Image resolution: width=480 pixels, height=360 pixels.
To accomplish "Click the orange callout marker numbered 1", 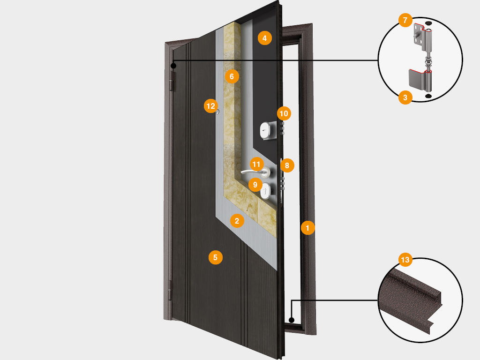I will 307,228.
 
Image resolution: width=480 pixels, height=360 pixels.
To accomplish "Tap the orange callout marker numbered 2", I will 237,220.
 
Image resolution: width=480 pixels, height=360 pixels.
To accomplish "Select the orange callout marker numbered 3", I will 405,97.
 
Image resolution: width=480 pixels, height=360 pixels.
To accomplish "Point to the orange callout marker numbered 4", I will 264,38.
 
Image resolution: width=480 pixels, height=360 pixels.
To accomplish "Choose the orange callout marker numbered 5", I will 215,257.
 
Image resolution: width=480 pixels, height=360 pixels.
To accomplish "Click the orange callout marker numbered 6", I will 231,75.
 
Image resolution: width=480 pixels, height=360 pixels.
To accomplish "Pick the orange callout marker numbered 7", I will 405,21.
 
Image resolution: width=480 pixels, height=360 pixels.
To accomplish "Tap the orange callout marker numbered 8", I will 287,165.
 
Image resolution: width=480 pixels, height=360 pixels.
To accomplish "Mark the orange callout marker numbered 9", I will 255,184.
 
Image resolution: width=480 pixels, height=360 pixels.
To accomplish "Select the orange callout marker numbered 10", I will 284,113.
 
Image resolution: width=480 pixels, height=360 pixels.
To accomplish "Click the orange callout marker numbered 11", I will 255,164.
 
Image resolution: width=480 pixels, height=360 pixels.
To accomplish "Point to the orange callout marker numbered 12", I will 210,106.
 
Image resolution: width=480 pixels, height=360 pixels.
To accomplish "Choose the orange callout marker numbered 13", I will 405,259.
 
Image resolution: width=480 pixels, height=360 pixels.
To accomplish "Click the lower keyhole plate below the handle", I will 266,191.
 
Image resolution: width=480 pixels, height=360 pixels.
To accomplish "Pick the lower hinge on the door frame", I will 170,290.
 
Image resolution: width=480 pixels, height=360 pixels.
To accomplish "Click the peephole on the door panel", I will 218,111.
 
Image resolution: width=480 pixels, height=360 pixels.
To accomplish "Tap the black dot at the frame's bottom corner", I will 291,321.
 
